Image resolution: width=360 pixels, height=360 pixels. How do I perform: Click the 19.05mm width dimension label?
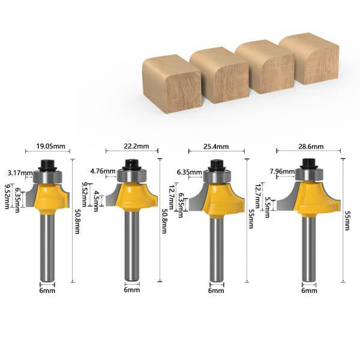pos(51,146)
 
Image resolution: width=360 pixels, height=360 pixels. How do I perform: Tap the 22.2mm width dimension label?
pos(136,146)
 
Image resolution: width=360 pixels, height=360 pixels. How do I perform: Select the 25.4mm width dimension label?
pos(216,146)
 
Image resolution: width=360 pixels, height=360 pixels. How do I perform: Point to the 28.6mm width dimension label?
pos(311,146)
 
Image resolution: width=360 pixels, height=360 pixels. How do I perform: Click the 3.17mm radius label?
pos(20,173)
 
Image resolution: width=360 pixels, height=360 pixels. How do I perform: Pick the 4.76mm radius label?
pos(103,171)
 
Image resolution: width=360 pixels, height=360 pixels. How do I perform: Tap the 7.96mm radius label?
pos(282,171)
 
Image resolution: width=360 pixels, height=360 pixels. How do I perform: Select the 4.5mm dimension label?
pos(96,201)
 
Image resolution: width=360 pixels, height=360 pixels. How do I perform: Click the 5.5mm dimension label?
pos(267,207)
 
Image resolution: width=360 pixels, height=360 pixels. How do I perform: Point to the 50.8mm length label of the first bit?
pos(77,221)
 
